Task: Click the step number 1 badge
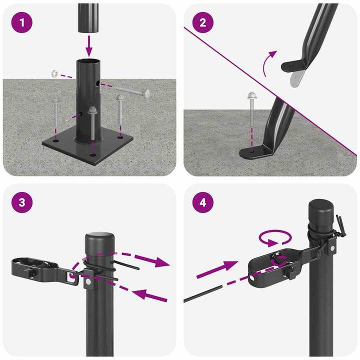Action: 21,22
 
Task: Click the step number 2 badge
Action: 203,22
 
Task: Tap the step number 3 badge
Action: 21,203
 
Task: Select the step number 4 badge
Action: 203,203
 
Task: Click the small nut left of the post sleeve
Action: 54,74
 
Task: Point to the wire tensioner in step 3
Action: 35,268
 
